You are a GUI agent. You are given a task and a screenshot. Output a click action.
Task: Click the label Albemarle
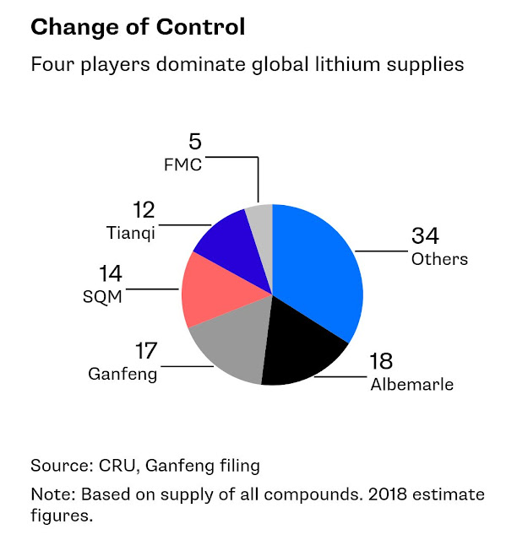411,386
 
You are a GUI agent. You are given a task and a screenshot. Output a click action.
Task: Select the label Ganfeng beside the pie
122,373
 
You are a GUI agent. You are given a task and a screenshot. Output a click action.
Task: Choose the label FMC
182,164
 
